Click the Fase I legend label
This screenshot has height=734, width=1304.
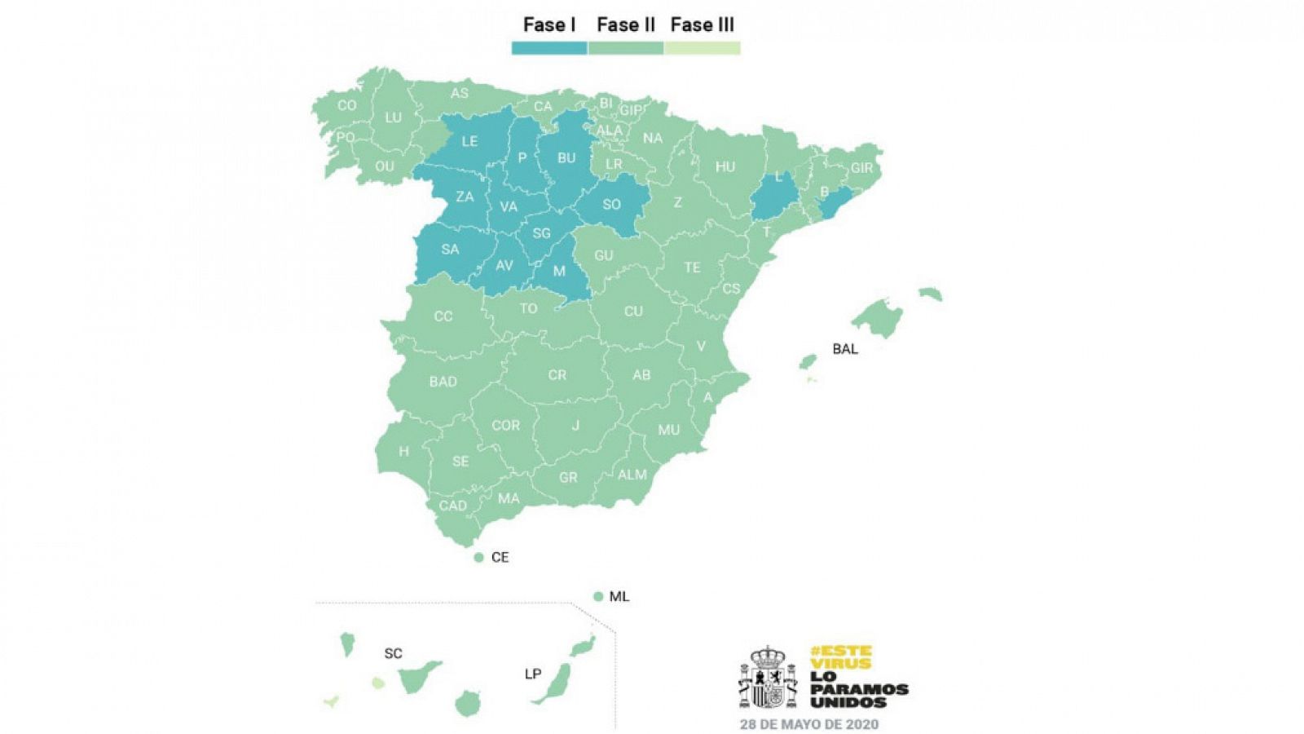coord(548,25)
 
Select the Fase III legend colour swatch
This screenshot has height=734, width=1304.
coord(702,48)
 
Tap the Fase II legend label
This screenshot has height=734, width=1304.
coord(625,25)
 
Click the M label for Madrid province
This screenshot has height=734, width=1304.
coord(559,271)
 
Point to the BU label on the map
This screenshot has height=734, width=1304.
coord(566,158)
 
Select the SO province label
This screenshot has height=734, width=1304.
coord(611,205)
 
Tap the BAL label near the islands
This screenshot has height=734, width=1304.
coord(845,349)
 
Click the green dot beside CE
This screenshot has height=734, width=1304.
coord(479,557)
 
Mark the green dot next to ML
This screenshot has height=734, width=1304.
coord(598,596)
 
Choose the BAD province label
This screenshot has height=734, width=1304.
coord(443,382)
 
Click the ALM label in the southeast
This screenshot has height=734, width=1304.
coord(632,475)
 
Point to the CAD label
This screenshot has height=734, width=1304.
coord(453,506)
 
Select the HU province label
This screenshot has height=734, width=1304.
coord(725,167)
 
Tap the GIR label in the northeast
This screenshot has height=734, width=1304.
coord(861,169)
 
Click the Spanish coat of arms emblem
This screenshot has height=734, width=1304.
coord(768,678)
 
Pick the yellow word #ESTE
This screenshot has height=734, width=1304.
coord(841,652)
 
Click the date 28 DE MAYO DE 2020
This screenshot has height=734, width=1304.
coord(808,723)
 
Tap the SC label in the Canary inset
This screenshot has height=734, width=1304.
coord(393,653)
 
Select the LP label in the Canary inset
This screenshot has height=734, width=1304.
coord(533,674)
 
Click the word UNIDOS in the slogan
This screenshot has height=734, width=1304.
coord(848,702)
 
